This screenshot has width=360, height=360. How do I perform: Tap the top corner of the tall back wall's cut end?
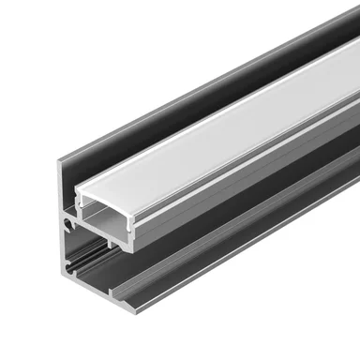click(61, 164)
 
